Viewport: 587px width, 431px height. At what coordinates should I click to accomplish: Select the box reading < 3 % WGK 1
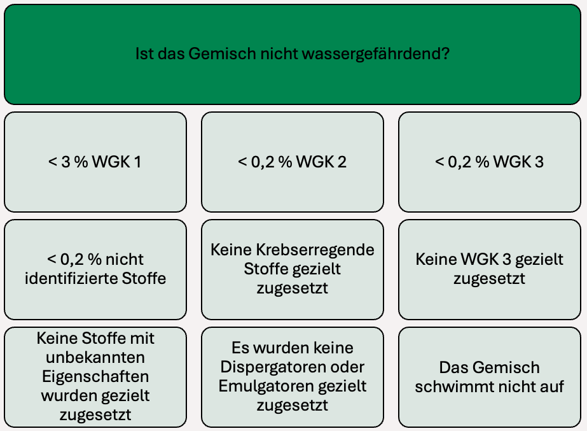tap(95, 162)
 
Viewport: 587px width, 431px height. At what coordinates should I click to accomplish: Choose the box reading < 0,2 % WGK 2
tap(293, 162)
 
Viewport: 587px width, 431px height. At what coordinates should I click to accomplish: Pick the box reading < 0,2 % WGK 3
tap(490, 162)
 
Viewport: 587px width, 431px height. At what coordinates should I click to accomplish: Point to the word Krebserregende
tap(321, 250)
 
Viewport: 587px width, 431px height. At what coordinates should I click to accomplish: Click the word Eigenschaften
tap(95, 377)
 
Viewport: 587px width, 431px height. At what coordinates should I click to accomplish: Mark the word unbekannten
tap(95, 358)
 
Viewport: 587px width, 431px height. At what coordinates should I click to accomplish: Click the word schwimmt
tap(445, 387)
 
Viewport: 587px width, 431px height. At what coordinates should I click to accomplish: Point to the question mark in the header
tap(445, 53)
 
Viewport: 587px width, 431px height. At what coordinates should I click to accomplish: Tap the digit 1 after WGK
tap(137, 162)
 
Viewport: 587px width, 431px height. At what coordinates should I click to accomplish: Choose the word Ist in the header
tap(144, 53)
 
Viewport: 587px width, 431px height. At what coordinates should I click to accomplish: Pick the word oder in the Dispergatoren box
tap(347, 367)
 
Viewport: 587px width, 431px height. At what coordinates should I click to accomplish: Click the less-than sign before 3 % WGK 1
tap(52, 162)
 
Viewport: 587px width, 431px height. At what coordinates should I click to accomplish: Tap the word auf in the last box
tap(553, 387)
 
